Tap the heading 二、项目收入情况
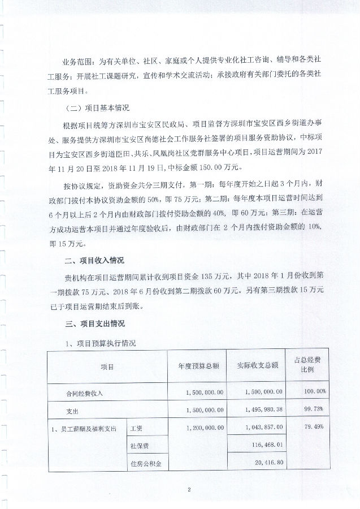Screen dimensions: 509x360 click(94, 261)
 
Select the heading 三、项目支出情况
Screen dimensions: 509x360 click(94, 324)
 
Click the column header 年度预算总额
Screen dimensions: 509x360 click(198, 365)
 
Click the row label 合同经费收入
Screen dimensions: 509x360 click(85, 391)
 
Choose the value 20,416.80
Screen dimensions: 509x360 click(266, 464)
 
